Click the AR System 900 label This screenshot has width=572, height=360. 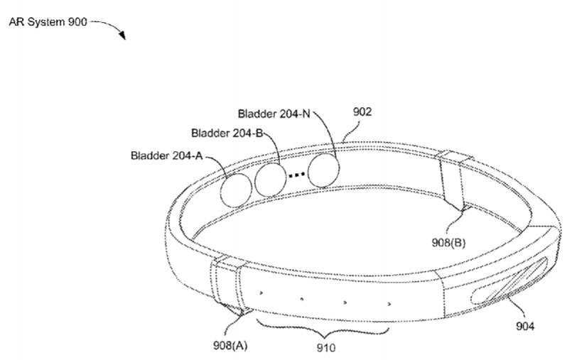(48, 22)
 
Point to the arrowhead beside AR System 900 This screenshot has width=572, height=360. (122, 35)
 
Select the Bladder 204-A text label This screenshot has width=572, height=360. (166, 156)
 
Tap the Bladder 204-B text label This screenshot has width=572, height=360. (227, 133)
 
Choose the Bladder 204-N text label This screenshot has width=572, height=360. (274, 114)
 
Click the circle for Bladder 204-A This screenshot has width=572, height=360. (236, 190)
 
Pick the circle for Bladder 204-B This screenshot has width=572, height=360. (270, 180)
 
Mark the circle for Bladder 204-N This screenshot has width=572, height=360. (323, 170)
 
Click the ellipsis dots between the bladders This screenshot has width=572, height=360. (296, 175)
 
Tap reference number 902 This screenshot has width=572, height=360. (362, 112)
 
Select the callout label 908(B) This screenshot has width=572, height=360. (448, 242)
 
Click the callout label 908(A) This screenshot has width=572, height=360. (230, 344)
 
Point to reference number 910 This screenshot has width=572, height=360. (325, 348)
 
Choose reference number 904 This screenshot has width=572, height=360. (525, 326)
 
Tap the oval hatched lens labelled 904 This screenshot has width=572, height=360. (509, 281)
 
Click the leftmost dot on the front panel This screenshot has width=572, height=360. (261, 293)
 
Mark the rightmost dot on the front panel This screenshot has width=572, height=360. (389, 303)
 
